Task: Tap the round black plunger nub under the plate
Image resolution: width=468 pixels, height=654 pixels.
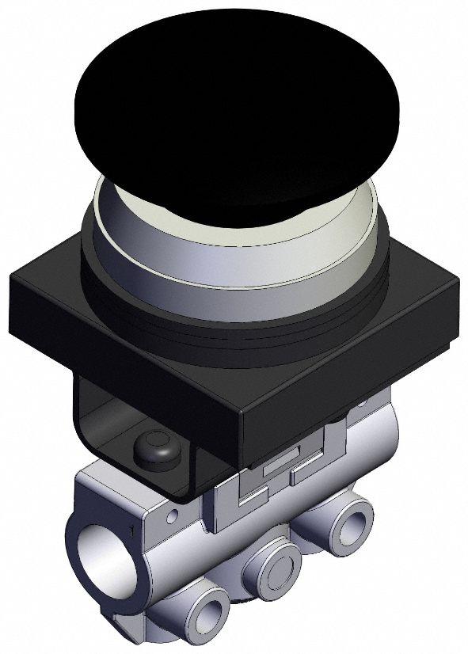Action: click(x=154, y=447)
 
